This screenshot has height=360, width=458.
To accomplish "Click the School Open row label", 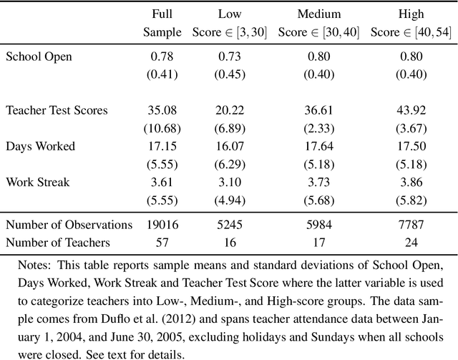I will [x=39, y=56].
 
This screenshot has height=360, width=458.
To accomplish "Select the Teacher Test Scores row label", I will [x=57, y=110].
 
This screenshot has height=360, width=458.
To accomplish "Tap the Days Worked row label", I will [x=40, y=146].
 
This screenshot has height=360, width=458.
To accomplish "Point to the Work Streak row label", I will [x=38, y=182].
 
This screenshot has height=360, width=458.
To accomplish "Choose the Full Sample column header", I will [x=162, y=23].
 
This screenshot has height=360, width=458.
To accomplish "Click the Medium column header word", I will [x=318, y=14].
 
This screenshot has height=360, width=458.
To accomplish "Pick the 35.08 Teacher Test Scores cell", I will [x=162, y=110].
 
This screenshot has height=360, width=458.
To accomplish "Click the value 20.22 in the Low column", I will [x=230, y=110].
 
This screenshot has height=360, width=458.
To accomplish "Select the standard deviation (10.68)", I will [x=162, y=128].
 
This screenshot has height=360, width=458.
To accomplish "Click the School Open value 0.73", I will [x=230, y=56].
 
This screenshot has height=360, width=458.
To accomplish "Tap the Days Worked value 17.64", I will [x=318, y=146].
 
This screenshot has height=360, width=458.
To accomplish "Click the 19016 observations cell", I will [x=162, y=224].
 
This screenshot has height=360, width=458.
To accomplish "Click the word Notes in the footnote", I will [x=35, y=263].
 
